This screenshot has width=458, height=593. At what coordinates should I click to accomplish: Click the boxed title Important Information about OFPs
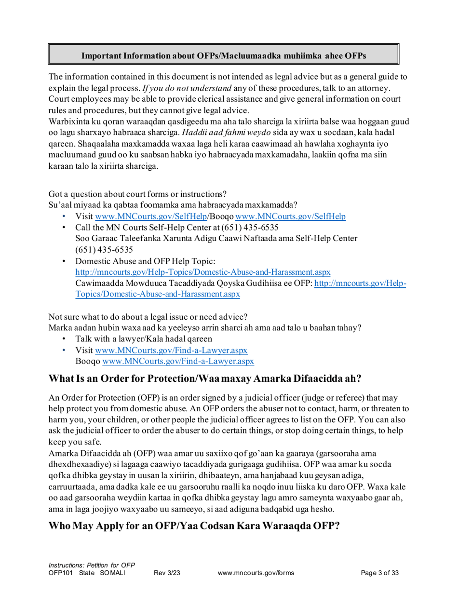coord(223,56)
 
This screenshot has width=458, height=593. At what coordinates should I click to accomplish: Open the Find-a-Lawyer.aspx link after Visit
coord(171,350)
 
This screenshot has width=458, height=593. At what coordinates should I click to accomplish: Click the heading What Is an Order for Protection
coord(205,378)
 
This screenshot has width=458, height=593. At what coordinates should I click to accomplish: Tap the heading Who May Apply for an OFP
coord(194,526)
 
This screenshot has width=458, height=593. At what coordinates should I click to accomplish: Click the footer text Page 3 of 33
coord(380,573)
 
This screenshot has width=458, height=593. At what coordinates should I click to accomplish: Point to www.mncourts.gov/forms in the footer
coord(256,573)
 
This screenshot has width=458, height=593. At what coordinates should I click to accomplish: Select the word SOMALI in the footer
coord(112,573)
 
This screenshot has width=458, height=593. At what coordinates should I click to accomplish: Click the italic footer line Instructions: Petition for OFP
coord(92,565)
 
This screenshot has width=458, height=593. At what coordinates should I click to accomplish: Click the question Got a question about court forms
coord(137,194)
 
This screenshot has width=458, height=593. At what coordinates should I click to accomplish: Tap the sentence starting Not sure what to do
coord(148,317)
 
